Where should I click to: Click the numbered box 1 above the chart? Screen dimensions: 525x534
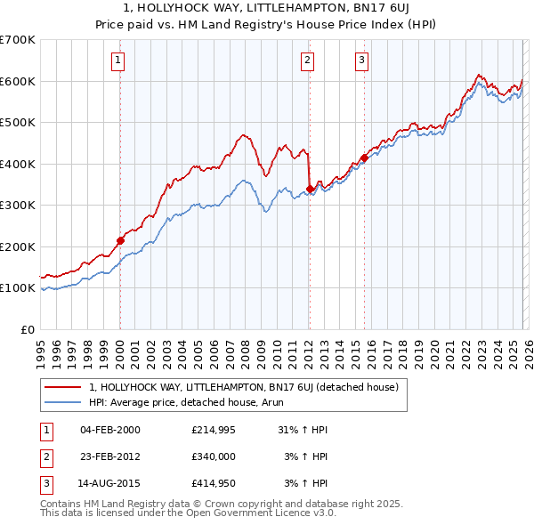tap(118, 61)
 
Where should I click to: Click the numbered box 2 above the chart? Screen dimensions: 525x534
tap(307, 61)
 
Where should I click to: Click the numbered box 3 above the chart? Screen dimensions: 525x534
tap(362, 61)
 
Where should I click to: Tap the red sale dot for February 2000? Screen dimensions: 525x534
tap(120, 240)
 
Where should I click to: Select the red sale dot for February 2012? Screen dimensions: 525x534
tap(309, 189)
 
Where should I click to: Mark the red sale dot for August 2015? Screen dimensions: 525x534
tap(364, 158)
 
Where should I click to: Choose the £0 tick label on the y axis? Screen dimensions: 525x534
tap(27, 329)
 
